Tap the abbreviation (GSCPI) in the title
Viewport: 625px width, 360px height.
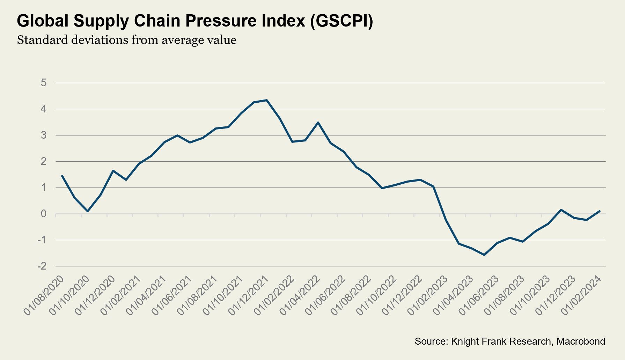click(x=341, y=21)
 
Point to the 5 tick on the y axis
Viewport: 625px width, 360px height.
click(x=44, y=83)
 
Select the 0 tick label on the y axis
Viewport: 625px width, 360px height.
click(x=44, y=214)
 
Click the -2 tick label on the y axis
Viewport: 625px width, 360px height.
click(x=42, y=266)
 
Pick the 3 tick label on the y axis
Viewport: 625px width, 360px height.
click(x=44, y=135)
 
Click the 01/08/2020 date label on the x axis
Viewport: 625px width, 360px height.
click(x=44, y=295)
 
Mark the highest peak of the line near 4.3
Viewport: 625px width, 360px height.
click(x=267, y=100)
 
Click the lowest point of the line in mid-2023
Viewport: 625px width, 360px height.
click(x=484, y=255)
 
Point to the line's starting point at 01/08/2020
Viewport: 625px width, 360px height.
click(x=62, y=176)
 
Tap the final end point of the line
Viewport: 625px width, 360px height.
click(x=600, y=211)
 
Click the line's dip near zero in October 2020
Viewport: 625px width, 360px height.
click(x=88, y=211)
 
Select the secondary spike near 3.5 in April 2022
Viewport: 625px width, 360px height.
click(x=318, y=123)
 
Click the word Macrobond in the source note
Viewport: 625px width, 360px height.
click(x=581, y=341)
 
